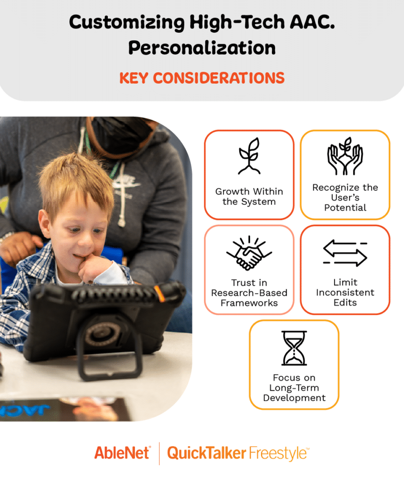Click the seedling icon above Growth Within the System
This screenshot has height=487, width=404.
coord(249,156)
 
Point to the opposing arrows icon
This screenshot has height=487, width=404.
coord(345,253)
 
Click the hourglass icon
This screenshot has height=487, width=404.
coord(294,348)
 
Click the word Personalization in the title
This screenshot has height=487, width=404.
coord(202,48)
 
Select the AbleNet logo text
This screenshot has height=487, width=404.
coord(123,453)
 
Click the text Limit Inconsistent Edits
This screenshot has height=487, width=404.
coord(345,292)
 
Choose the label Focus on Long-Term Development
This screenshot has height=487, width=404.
coord(294,387)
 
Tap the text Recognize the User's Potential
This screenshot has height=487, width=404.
coord(345,197)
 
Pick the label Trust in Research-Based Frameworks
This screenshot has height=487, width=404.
coord(249,292)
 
